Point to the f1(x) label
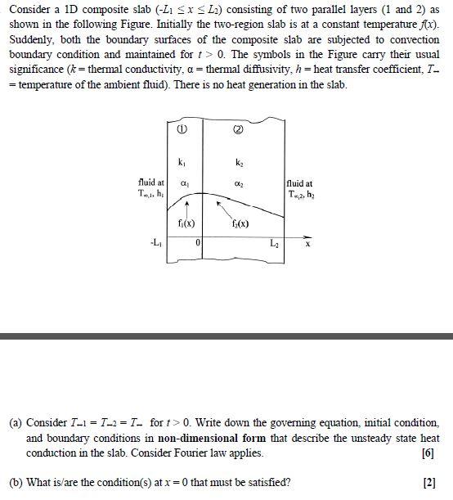pyautogui.click(x=186, y=223)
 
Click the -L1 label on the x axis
pyautogui.click(x=155, y=243)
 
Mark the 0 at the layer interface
pyautogui.click(x=198, y=244)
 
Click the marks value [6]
pyautogui.click(x=428, y=453)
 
